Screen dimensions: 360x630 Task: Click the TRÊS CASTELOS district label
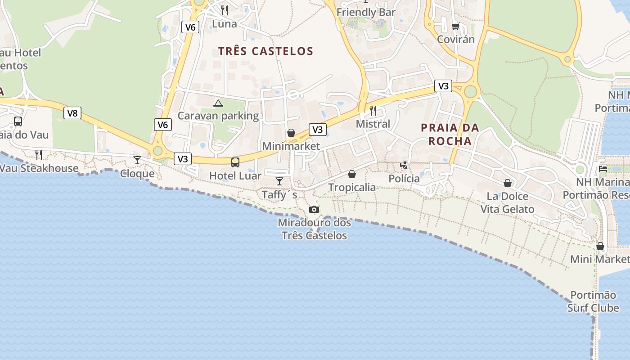tap(265, 51)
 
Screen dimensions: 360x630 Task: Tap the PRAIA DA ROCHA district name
tap(450, 134)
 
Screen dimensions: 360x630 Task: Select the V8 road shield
tap(72, 113)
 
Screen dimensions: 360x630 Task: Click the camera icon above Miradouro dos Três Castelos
tap(314, 210)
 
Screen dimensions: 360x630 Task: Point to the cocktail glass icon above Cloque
tap(137, 160)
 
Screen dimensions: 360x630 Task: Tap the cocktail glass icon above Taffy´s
tap(279, 181)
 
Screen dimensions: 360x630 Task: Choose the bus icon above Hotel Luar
tap(235, 162)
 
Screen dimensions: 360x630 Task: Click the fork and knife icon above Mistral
tap(373, 111)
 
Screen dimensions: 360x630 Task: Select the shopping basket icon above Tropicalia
tap(352, 174)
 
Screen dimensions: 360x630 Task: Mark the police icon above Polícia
tap(404, 165)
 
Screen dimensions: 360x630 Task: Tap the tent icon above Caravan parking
tap(218, 103)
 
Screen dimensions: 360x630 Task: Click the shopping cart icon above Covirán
tap(456, 26)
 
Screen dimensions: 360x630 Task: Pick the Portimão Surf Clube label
tap(593, 301)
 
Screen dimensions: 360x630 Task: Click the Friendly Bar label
tap(366, 12)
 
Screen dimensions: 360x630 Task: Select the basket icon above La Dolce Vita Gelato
tap(508, 183)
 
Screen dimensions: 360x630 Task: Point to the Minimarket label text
tap(291, 146)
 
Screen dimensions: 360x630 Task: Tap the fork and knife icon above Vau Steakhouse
tap(39, 155)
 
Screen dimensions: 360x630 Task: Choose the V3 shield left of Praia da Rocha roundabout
tap(443, 86)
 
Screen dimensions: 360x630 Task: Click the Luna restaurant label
tap(224, 24)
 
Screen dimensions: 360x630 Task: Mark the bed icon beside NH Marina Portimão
tap(603, 169)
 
